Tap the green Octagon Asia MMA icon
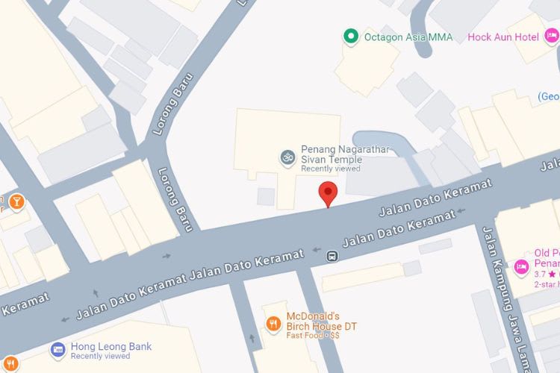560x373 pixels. click(x=349, y=36)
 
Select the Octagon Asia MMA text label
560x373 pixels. click(x=408, y=37)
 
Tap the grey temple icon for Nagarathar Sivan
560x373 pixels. click(x=286, y=157)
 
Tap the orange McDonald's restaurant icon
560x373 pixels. click(x=273, y=323)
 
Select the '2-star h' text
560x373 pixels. click(x=546, y=285)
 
